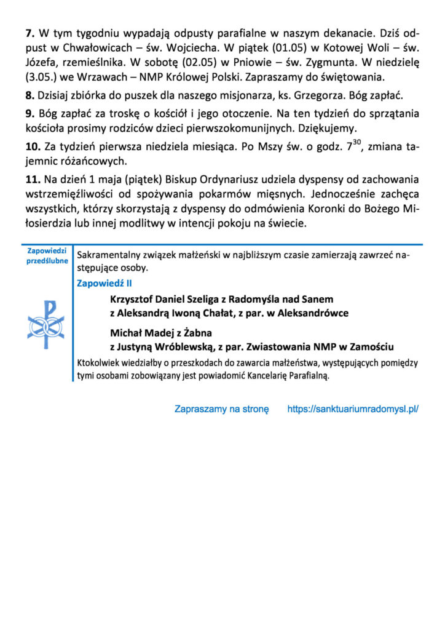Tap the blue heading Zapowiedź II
(x=104, y=284)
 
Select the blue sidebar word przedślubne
(x=47, y=260)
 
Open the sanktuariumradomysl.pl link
(x=353, y=409)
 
